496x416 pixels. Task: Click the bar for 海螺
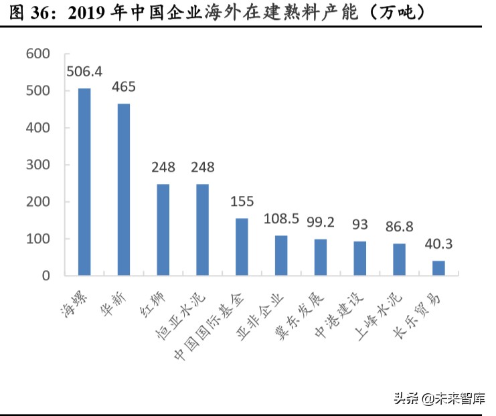[x=84, y=182]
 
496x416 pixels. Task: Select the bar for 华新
[x=124, y=189]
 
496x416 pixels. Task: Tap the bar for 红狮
[x=163, y=229]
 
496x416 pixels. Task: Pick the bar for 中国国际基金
[x=242, y=247]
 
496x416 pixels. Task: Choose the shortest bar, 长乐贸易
[x=438, y=268]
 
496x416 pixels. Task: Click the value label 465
[x=124, y=87]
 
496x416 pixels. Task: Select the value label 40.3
[x=438, y=244]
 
